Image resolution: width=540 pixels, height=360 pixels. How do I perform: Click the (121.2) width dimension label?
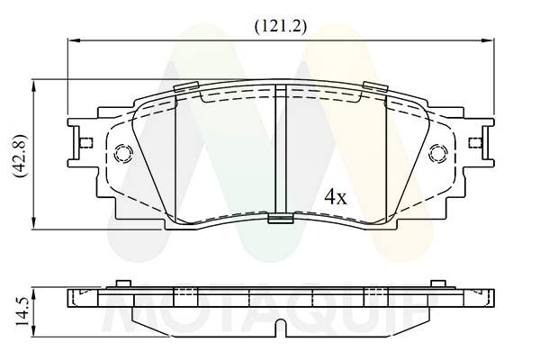(x=280, y=26)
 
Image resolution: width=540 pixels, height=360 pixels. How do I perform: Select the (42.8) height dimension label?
(x=20, y=156)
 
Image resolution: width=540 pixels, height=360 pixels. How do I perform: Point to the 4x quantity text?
(x=336, y=197)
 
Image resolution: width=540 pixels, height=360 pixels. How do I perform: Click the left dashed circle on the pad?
(x=123, y=153)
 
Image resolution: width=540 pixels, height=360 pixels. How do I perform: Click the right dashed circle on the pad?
(x=439, y=153)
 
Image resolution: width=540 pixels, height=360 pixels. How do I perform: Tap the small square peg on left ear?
(x=85, y=142)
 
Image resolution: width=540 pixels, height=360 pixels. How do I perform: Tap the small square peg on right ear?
(x=476, y=142)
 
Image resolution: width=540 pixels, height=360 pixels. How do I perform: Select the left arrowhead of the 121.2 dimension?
(x=74, y=40)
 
